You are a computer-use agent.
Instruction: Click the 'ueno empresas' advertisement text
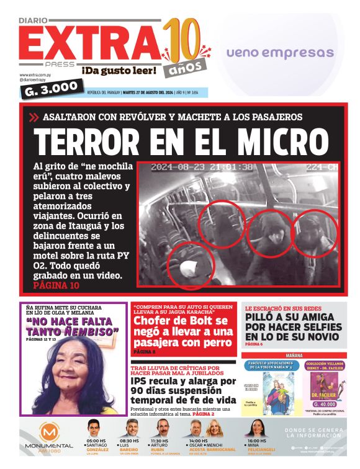(x=280, y=53)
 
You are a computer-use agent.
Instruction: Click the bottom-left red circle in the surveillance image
(x=189, y=266)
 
